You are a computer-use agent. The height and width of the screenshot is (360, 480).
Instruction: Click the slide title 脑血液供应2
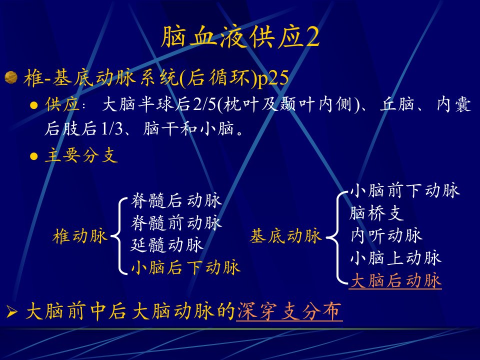pyautogui.click(x=240, y=36)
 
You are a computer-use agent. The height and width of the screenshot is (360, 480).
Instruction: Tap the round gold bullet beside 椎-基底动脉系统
pyautogui.click(x=11, y=77)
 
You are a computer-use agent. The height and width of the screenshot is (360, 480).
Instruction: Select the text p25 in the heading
pyautogui.click(x=273, y=78)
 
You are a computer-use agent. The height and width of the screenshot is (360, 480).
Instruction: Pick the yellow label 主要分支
pyautogui.click(x=81, y=155)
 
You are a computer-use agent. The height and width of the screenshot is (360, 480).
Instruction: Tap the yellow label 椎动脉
pyautogui.click(x=79, y=236)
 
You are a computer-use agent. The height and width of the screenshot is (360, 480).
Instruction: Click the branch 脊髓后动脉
pyautogui.click(x=176, y=200)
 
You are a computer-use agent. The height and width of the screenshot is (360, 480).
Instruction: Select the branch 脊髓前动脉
pyautogui.click(x=176, y=223)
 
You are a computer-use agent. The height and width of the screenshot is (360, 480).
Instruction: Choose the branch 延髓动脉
pyautogui.click(x=167, y=245)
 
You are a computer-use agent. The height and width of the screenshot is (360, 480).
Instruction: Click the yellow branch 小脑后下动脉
pyautogui.click(x=185, y=267)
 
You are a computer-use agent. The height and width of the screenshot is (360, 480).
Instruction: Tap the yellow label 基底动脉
pyautogui.click(x=286, y=236)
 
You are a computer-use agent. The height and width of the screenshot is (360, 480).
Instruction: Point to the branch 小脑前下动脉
pyautogui.click(x=404, y=190)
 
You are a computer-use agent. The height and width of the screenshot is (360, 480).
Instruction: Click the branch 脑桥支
pyautogui.click(x=376, y=213)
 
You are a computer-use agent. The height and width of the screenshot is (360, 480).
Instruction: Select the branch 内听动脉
pyautogui.click(x=386, y=235)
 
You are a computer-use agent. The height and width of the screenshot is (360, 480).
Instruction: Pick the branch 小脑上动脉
pyautogui.click(x=395, y=258)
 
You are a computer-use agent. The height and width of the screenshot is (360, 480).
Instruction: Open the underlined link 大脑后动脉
pyautogui.click(x=395, y=280)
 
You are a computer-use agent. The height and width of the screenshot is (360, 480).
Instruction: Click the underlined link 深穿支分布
pyautogui.click(x=289, y=311)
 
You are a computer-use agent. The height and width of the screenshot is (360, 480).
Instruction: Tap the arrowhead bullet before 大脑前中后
pyautogui.click(x=12, y=312)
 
